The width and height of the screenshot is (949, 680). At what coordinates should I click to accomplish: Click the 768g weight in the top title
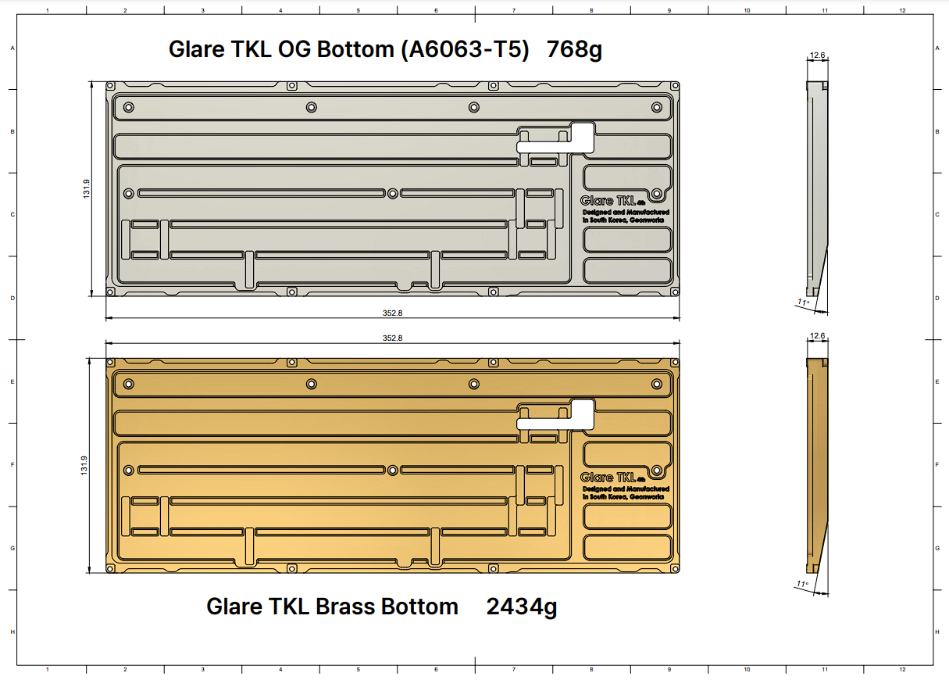(x=574, y=49)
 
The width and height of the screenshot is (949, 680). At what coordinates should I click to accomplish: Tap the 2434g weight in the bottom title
(x=522, y=607)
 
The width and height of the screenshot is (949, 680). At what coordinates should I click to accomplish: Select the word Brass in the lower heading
(x=345, y=607)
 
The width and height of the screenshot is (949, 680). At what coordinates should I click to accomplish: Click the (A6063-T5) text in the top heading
(x=466, y=49)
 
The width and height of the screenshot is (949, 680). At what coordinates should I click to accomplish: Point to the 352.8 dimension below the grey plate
(x=392, y=313)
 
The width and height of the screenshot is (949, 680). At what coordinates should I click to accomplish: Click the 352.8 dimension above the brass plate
(x=392, y=338)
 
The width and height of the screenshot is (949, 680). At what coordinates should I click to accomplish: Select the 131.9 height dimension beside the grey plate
(x=87, y=188)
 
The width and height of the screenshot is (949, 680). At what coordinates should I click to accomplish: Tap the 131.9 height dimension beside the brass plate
(x=84, y=466)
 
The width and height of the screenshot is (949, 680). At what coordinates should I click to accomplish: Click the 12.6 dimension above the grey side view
(x=817, y=55)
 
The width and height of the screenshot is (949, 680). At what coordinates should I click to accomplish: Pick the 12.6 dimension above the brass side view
(x=817, y=336)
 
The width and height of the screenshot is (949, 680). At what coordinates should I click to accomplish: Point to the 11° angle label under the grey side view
(x=803, y=302)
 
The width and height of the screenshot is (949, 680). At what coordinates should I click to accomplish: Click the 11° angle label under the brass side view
(x=802, y=584)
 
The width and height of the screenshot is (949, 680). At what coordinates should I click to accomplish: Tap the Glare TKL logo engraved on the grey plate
(x=612, y=201)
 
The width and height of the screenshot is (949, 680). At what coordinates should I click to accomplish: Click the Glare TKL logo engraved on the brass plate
(x=612, y=478)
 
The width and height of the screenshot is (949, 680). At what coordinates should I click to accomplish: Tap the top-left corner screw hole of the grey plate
(x=110, y=86)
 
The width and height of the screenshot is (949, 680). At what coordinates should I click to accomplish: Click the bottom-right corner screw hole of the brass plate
(x=675, y=568)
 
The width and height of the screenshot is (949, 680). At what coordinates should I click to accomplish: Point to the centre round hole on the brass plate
(x=393, y=471)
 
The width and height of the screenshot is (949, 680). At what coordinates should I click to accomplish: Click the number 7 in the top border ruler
(x=513, y=10)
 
